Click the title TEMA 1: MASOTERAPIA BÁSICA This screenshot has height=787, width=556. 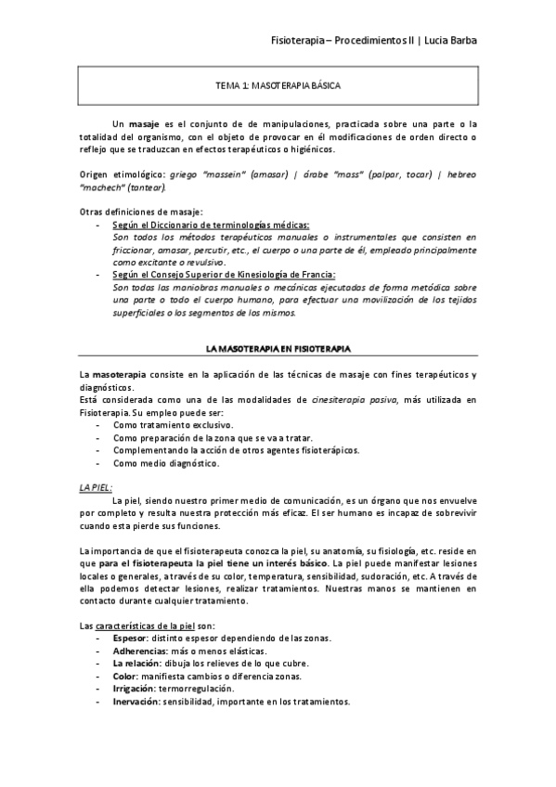pos(278,84)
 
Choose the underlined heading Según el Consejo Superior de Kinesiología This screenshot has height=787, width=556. pos(224,275)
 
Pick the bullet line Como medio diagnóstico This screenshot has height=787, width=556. pos(166,463)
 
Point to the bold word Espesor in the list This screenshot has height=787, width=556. pos(129,638)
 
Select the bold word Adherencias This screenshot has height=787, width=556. pos(137,651)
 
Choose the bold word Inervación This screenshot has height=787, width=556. pos(136,702)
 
